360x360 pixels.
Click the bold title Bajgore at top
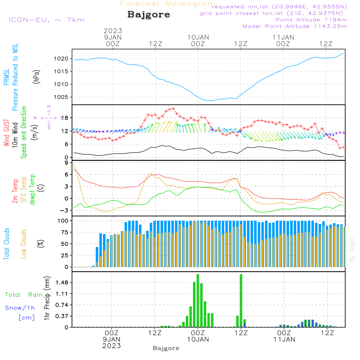[149, 15]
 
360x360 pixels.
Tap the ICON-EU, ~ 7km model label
[46, 19]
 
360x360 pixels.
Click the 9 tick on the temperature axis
[66, 163]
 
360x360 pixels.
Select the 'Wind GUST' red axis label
[6, 133]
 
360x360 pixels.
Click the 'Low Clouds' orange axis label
[24, 243]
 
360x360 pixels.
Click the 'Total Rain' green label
[23, 294]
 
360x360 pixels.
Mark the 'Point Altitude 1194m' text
[311, 19]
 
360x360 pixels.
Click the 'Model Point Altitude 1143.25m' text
[295, 26]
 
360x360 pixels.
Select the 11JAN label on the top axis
[283, 37]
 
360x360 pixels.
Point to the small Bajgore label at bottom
[166, 348]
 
